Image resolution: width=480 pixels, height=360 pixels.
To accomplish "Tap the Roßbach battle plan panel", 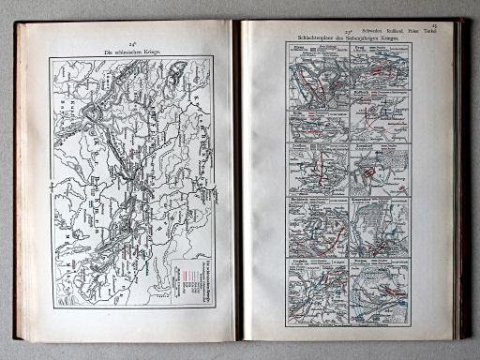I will [x=318, y=169].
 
